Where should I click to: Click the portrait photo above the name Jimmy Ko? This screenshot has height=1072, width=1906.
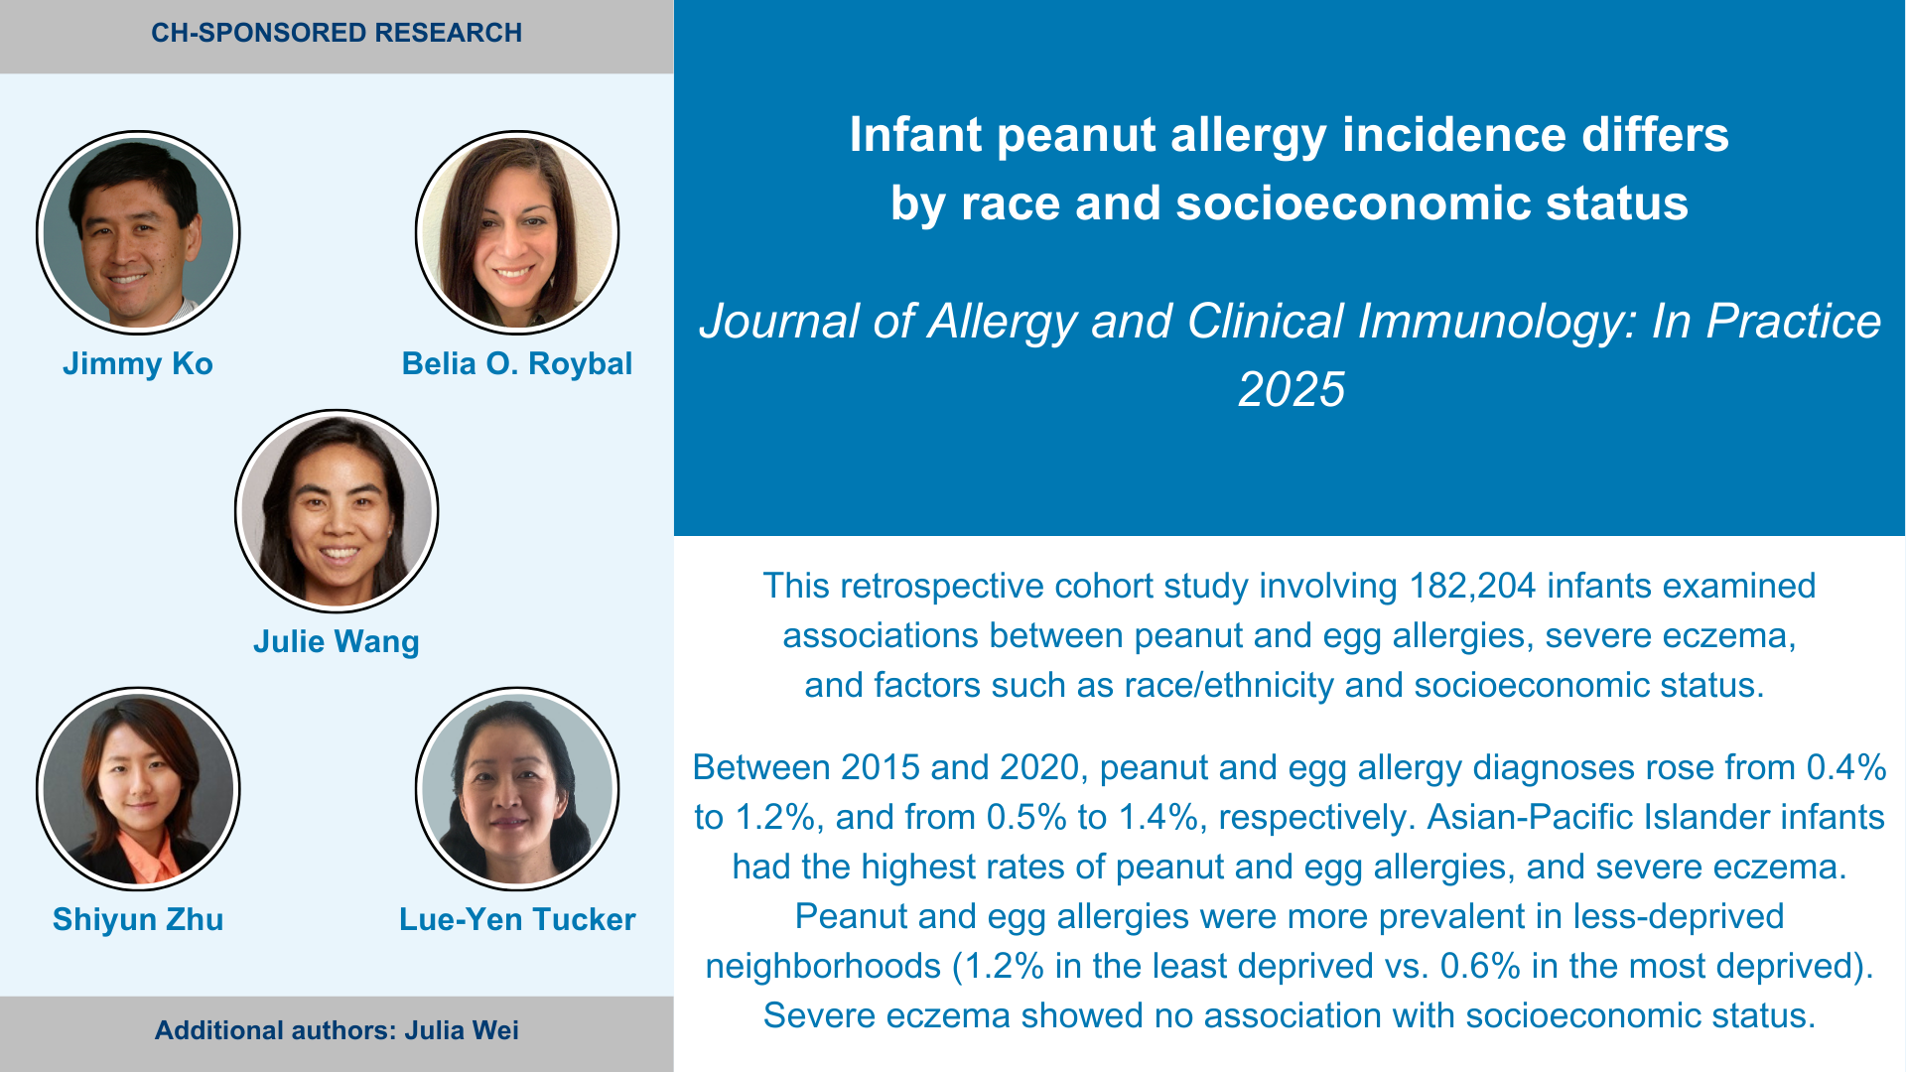click(138, 233)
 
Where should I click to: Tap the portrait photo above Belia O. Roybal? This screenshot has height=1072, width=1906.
click(517, 233)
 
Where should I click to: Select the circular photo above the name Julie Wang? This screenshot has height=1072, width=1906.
click(337, 511)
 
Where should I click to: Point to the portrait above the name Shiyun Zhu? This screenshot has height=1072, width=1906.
click(138, 789)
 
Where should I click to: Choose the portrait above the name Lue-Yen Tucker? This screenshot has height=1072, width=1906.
click(517, 789)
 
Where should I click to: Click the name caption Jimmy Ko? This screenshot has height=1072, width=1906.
click(138, 363)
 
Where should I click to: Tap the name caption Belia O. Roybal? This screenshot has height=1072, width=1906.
click(517, 363)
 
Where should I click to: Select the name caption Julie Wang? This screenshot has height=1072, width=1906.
click(337, 642)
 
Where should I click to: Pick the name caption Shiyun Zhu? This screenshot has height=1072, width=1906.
click(138, 919)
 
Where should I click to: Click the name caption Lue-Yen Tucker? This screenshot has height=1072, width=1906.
click(517, 919)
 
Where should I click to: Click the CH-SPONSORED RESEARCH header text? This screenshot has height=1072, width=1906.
click(337, 33)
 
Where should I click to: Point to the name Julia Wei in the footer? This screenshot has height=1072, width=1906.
click(462, 1030)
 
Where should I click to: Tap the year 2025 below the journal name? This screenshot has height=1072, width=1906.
click(1291, 389)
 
